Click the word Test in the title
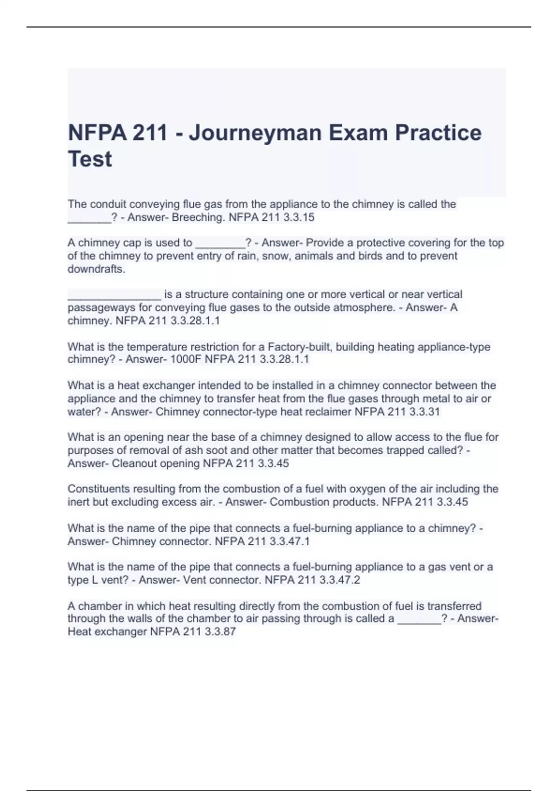click(90, 159)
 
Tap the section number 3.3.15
click(299, 217)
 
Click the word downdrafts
click(96, 269)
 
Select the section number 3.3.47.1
click(289, 542)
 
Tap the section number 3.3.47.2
click(339, 580)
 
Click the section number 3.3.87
click(220, 632)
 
